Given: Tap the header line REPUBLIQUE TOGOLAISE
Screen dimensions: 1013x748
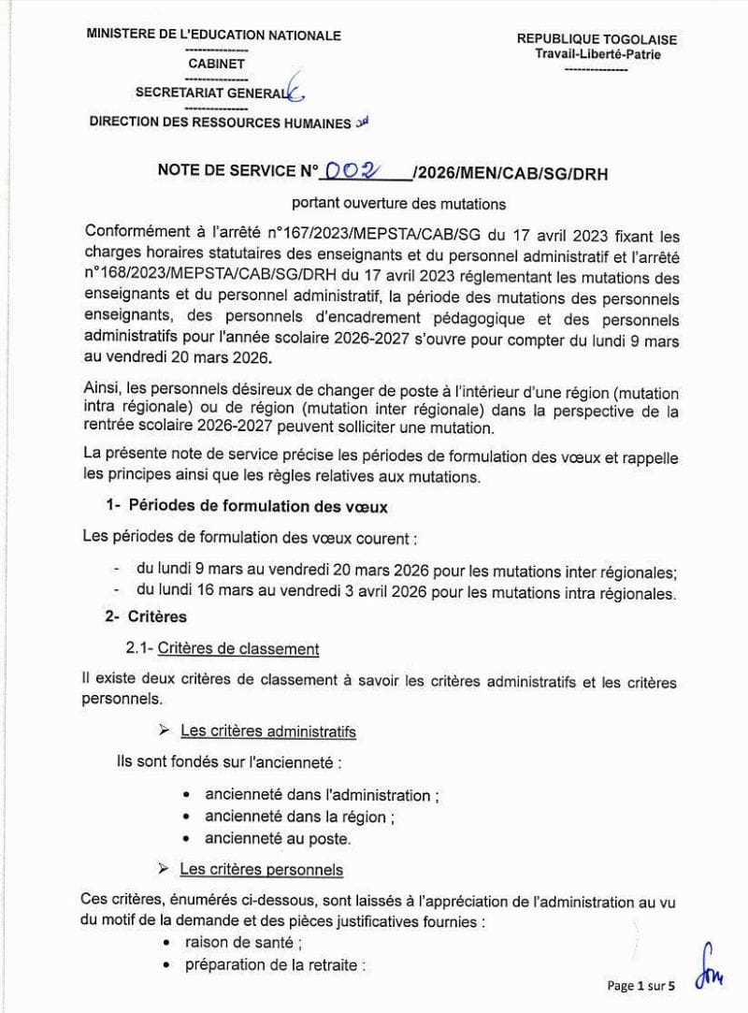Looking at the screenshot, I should point(597,39).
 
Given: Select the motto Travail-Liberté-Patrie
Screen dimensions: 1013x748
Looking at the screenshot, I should point(597,54).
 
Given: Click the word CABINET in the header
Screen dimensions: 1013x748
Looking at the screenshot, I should point(216,64).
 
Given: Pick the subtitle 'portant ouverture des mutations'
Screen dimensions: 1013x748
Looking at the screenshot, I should point(397,202).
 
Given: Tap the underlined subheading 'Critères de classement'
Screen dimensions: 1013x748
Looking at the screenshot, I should point(238,648).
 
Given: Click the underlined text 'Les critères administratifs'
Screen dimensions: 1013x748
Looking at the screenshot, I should point(266,731).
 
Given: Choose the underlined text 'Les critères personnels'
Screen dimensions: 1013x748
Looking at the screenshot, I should point(261,870).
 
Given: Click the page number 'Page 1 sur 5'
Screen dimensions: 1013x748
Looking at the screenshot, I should point(641,985).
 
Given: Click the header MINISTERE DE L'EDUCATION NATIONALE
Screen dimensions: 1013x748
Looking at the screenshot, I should point(213,36).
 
